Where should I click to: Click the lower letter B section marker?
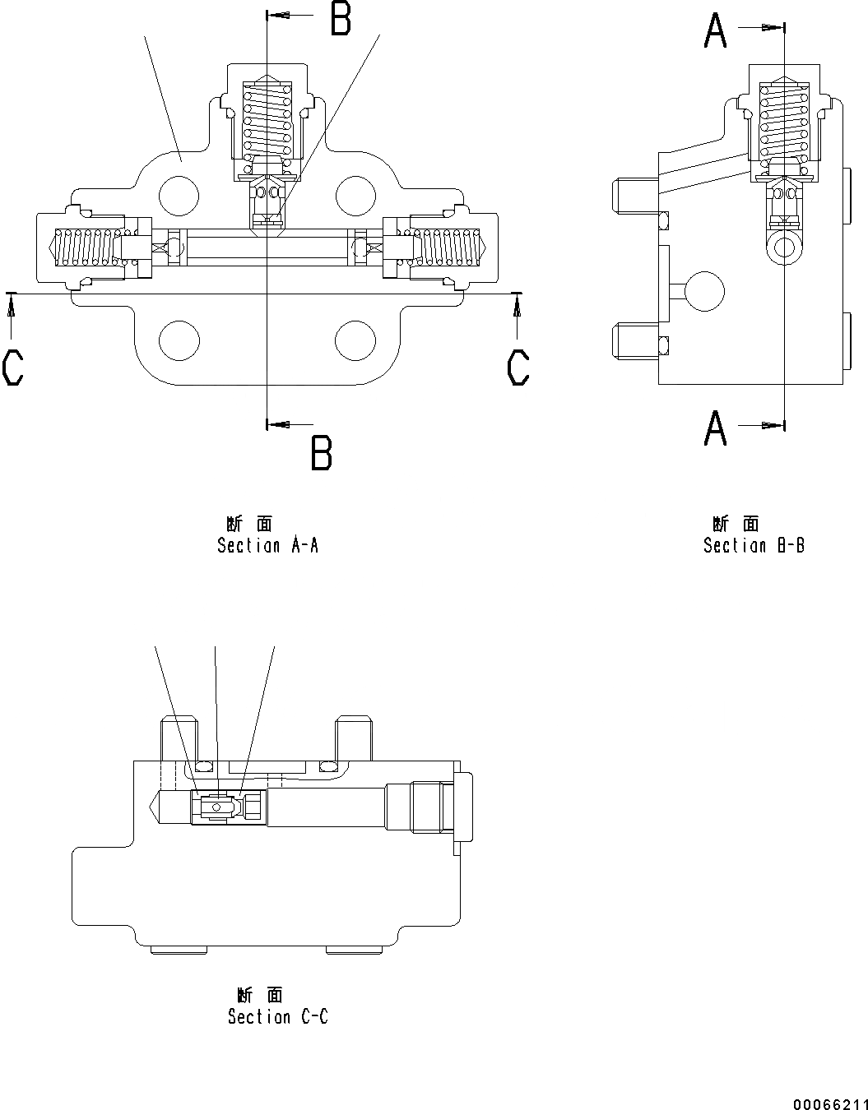coord(321,452)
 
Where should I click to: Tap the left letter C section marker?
coord(13,368)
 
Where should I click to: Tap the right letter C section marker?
coord(518,368)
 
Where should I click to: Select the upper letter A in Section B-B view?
coord(716,31)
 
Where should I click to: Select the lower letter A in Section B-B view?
coord(716,428)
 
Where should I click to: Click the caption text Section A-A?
coord(267,545)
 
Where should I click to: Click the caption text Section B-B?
coord(754,545)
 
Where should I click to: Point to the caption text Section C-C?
coord(278,1017)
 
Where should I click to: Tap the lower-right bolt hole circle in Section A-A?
coord(356,340)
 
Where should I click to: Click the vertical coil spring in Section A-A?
coord(267,118)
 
